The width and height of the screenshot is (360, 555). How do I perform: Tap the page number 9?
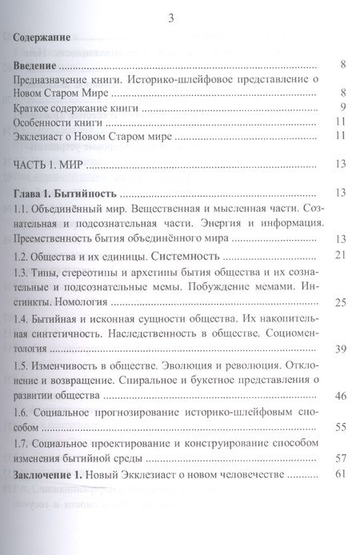[342, 108]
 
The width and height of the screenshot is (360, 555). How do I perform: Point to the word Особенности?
[46, 122]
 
